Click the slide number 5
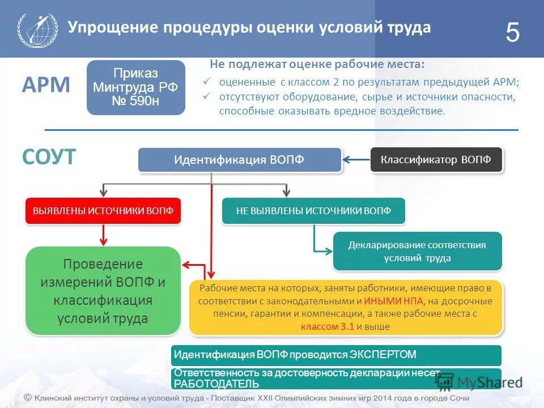click(x=512, y=33)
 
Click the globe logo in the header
click(x=37, y=29)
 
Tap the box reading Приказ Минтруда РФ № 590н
click(x=136, y=87)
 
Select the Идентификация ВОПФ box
click(x=240, y=160)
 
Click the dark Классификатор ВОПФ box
click(x=436, y=160)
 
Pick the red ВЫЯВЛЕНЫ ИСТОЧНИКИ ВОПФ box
click(x=103, y=211)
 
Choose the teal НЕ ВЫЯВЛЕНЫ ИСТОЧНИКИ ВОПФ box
click(x=313, y=211)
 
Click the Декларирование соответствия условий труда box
click(x=417, y=251)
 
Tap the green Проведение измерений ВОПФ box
click(x=103, y=291)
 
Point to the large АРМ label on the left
click(x=46, y=86)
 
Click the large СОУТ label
click(x=49, y=157)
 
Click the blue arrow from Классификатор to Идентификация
click(x=356, y=160)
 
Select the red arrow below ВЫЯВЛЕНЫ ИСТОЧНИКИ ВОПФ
click(x=103, y=235)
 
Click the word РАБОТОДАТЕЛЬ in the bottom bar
click(x=216, y=384)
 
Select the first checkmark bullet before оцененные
click(x=207, y=82)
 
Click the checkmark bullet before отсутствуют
click(x=207, y=96)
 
